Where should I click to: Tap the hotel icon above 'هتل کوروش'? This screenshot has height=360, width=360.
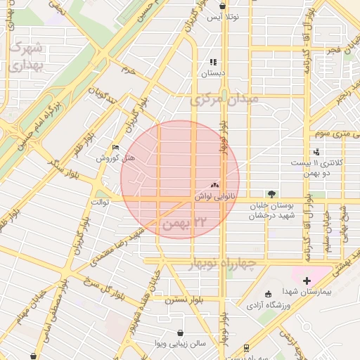pyautogui.click(x=116, y=148)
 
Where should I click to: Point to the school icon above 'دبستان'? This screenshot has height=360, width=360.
pyautogui.click(x=213, y=63)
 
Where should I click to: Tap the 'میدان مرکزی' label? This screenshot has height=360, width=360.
pyautogui.click(x=224, y=99)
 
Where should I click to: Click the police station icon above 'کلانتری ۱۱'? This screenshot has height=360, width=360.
pyautogui.click(x=316, y=151)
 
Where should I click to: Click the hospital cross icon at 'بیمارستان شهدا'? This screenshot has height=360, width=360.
pyautogui.click(x=307, y=281)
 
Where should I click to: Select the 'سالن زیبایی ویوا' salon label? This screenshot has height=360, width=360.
pyautogui.click(x=181, y=344)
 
